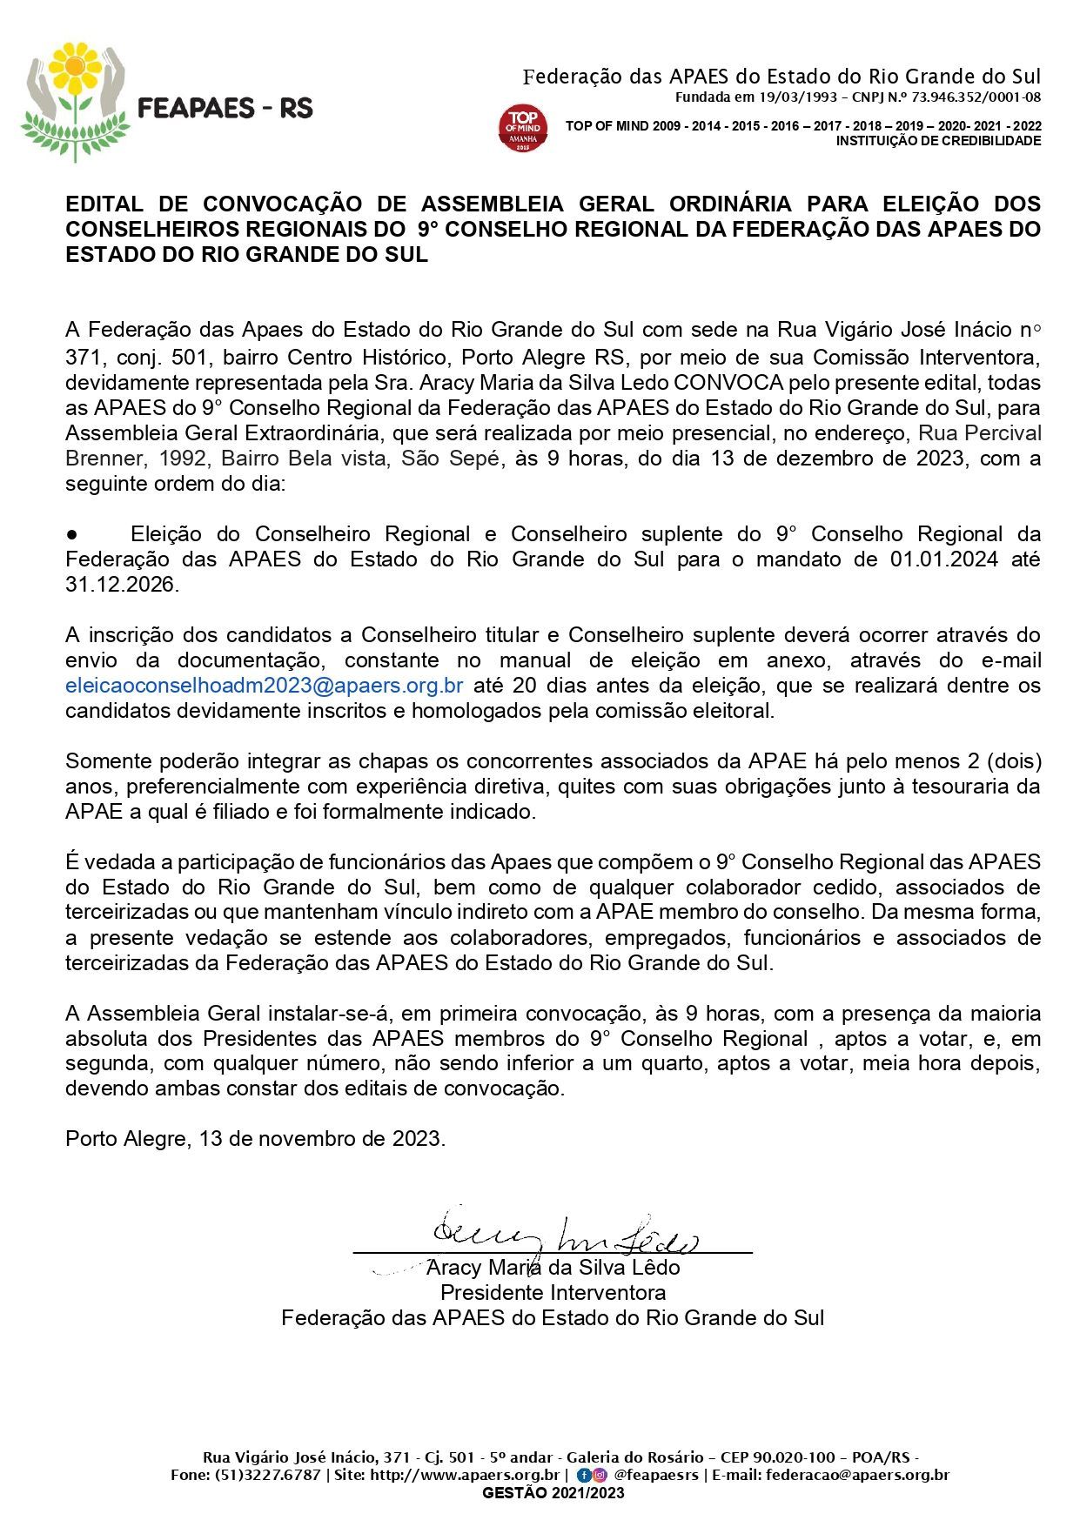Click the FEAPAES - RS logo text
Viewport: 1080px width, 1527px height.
(225, 108)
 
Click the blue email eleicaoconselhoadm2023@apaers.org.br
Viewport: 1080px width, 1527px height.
(264, 686)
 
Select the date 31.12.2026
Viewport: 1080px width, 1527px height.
(122, 585)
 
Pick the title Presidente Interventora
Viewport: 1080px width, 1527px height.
(553, 1292)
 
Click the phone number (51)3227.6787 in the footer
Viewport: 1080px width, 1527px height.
(266, 1475)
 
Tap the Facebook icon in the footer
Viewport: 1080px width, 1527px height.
(583, 1475)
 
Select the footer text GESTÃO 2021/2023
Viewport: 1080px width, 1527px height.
(553, 1493)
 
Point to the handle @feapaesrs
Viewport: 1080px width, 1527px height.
(655, 1475)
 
